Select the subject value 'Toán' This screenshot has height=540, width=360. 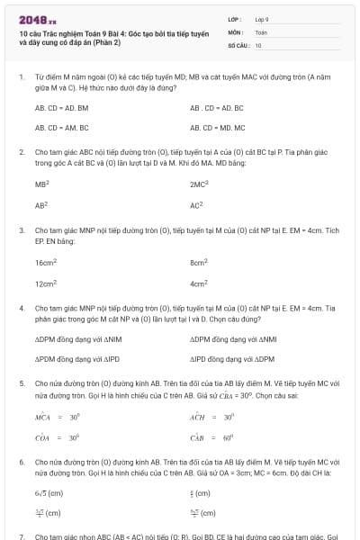click(261, 31)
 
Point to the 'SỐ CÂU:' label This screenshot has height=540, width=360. click(238, 44)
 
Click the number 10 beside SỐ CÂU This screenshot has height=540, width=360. click(258, 44)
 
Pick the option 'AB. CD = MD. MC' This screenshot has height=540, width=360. click(217, 128)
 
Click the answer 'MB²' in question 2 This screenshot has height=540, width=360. click(42, 184)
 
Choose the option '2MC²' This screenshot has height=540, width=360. click(200, 184)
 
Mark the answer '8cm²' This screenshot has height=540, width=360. click(200, 263)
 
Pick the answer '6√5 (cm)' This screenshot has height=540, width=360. click(49, 493)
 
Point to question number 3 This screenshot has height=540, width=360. click(22, 230)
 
